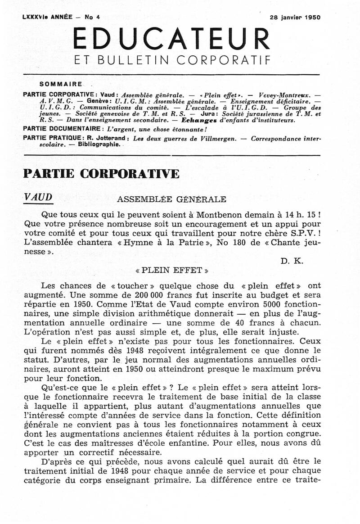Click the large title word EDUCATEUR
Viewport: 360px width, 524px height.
pos(171,39)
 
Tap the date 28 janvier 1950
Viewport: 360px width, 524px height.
pos(295,18)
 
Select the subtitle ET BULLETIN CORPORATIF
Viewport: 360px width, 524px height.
pos(171,60)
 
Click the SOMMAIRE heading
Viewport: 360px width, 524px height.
pos(61,84)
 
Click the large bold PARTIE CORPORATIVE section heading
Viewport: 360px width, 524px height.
pos(101,174)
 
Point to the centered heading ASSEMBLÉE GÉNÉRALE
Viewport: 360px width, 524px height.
pos(171,199)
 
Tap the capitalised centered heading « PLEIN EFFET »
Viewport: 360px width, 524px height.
pos(171,271)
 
